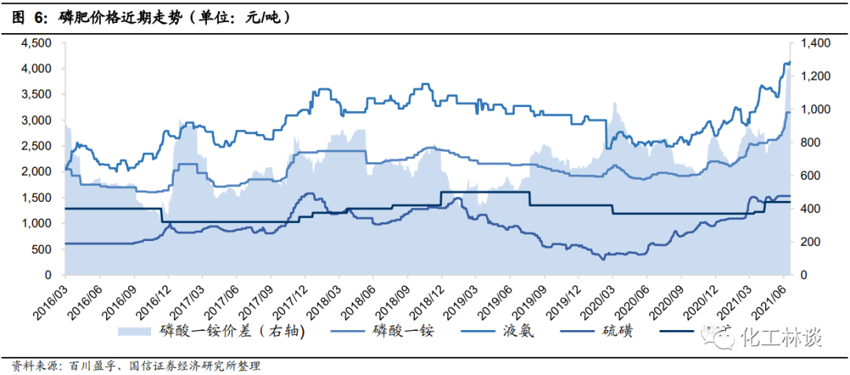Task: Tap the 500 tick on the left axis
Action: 42,250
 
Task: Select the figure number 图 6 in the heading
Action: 31,17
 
